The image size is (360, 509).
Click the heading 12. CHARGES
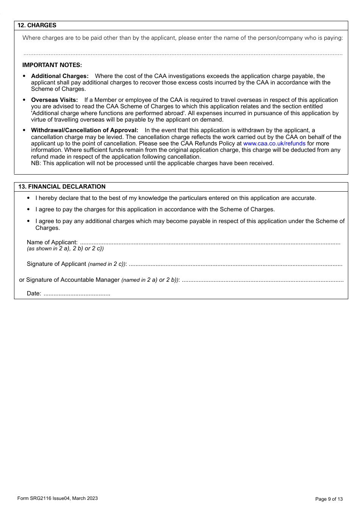click(37, 25)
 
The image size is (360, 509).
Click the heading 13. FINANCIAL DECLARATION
click(62, 187)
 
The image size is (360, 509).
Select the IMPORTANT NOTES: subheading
click(52, 65)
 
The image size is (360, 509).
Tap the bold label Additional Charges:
click(59, 76)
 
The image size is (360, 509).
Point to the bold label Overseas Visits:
click(54, 100)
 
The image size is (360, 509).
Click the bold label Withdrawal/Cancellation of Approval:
click(85, 130)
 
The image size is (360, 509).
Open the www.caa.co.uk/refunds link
click(274, 144)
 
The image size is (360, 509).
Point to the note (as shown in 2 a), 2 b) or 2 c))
click(65, 249)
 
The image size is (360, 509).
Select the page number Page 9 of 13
click(329, 499)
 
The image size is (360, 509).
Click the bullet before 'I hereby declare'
click(28, 198)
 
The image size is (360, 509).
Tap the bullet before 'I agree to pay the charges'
click(28, 209)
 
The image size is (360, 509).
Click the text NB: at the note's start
click(36, 163)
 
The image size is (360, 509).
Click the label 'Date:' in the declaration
click(34, 294)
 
